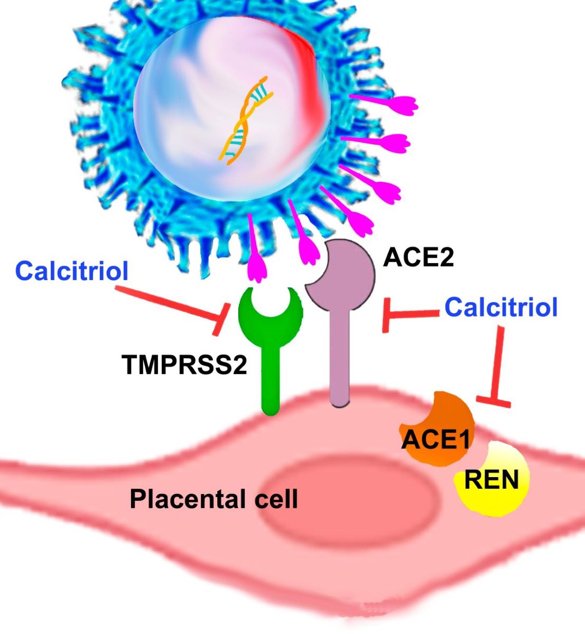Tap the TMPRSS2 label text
(x=184, y=365)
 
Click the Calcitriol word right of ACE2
(x=500, y=307)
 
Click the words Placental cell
(x=213, y=498)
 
